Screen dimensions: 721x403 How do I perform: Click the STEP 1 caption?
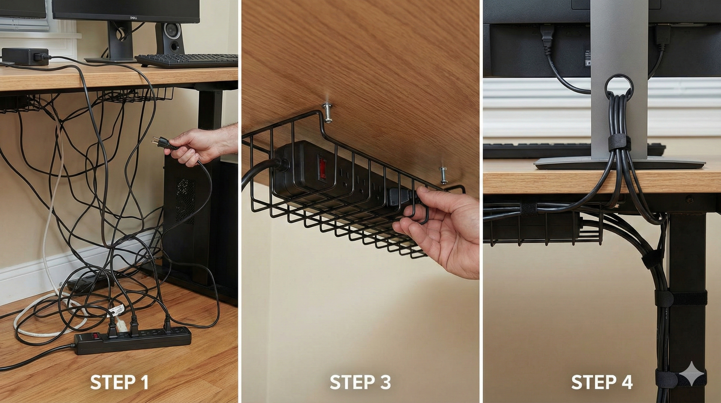click(x=119, y=382)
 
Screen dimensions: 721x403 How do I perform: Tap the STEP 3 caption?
click(x=360, y=382)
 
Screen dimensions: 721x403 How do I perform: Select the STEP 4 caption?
click(x=602, y=382)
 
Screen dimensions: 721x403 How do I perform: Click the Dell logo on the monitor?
click(x=135, y=18)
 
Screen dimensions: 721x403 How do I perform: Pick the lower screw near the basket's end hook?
click(x=443, y=175)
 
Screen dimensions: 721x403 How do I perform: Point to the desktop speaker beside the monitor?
click(x=170, y=38)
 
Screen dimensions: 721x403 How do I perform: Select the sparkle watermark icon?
click(x=691, y=374)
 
